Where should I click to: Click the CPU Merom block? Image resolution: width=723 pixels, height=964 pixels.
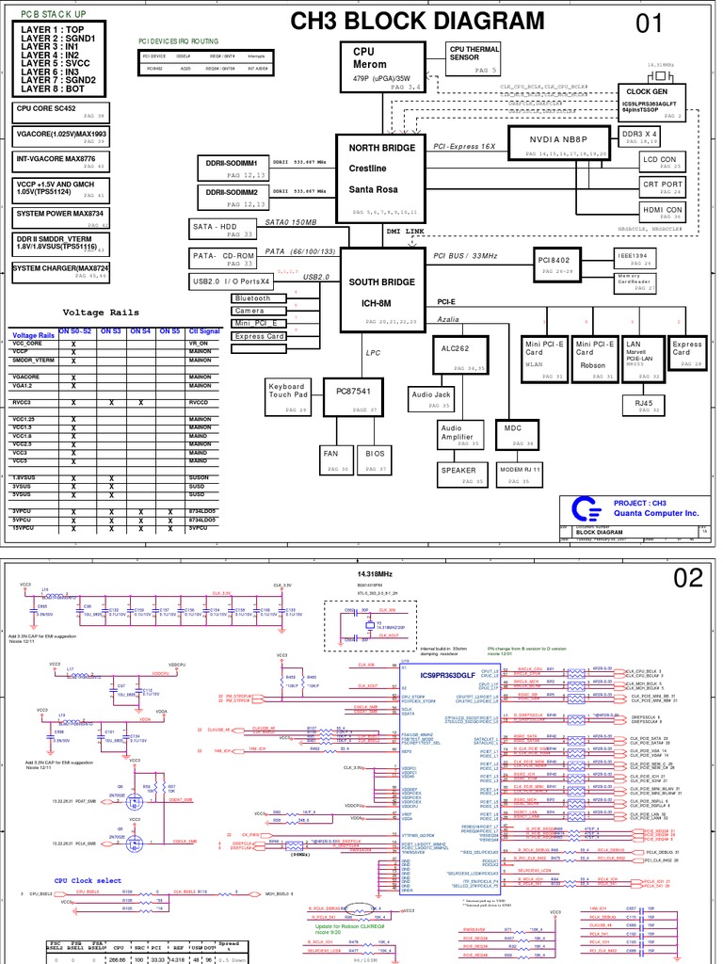tap(381, 67)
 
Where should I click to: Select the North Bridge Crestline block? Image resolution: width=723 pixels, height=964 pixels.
tap(381, 177)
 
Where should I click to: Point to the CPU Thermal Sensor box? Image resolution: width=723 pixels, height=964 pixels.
tap(474, 57)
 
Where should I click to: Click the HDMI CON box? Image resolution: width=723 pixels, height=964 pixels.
tap(663, 212)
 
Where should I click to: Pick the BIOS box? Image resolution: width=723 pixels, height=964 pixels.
tap(376, 458)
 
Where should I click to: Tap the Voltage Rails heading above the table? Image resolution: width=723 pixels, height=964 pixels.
tap(101, 313)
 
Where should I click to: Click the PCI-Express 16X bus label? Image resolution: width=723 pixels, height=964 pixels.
tap(464, 147)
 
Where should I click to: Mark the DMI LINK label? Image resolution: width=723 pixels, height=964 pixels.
tap(405, 231)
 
